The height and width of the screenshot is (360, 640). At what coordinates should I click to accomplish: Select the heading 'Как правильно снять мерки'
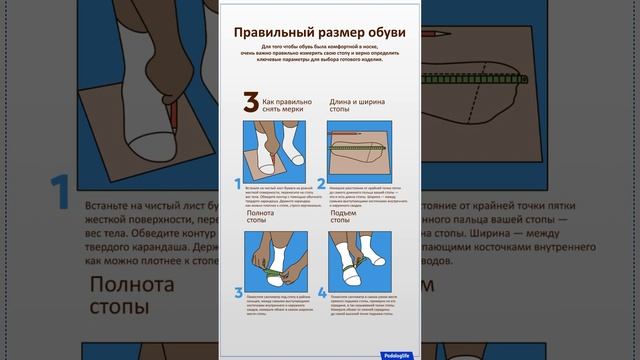pyautogui.click(x=287, y=107)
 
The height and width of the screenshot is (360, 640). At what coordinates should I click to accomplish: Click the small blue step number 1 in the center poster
pyautogui.click(x=238, y=183)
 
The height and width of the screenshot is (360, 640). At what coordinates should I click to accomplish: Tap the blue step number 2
pyautogui.click(x=321, y=183)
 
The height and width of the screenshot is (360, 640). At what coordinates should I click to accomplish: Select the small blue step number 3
pyautogui.click(x=238, y=293)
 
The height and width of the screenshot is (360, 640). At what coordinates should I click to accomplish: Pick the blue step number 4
pyautogui.click(x=321, y=293)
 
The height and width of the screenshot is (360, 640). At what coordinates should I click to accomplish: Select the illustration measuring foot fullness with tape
pyautogui.click(x=276, y=262)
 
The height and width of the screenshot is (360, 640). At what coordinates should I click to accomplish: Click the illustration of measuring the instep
pyautogui.click(x=361, y=262)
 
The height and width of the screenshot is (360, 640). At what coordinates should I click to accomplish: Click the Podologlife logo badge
pyautogui.click(x=400, y=353)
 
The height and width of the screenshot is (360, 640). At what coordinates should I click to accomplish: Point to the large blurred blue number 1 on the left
pyautogui.click(x=60, y=190)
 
